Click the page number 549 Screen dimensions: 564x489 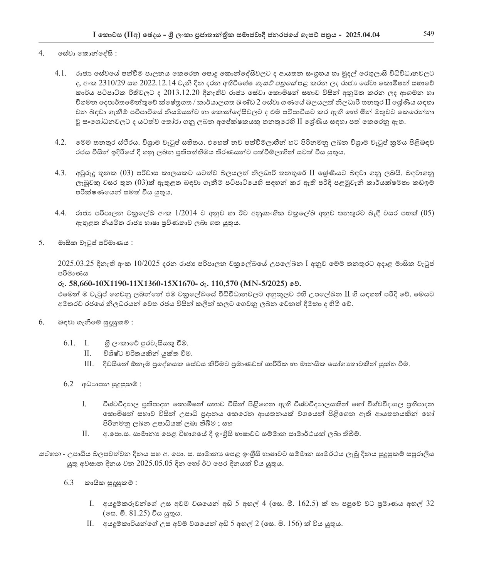click(429, 33)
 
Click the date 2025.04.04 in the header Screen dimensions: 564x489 click(362, 35)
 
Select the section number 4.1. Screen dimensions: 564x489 click(61, 73)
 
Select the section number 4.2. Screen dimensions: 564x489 click(61, 142)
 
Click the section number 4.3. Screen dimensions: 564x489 click(61, 173)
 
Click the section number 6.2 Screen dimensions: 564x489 click(68, 384)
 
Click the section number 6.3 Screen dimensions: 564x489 click(68, 482)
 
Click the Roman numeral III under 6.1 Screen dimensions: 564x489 click(89, 364)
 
